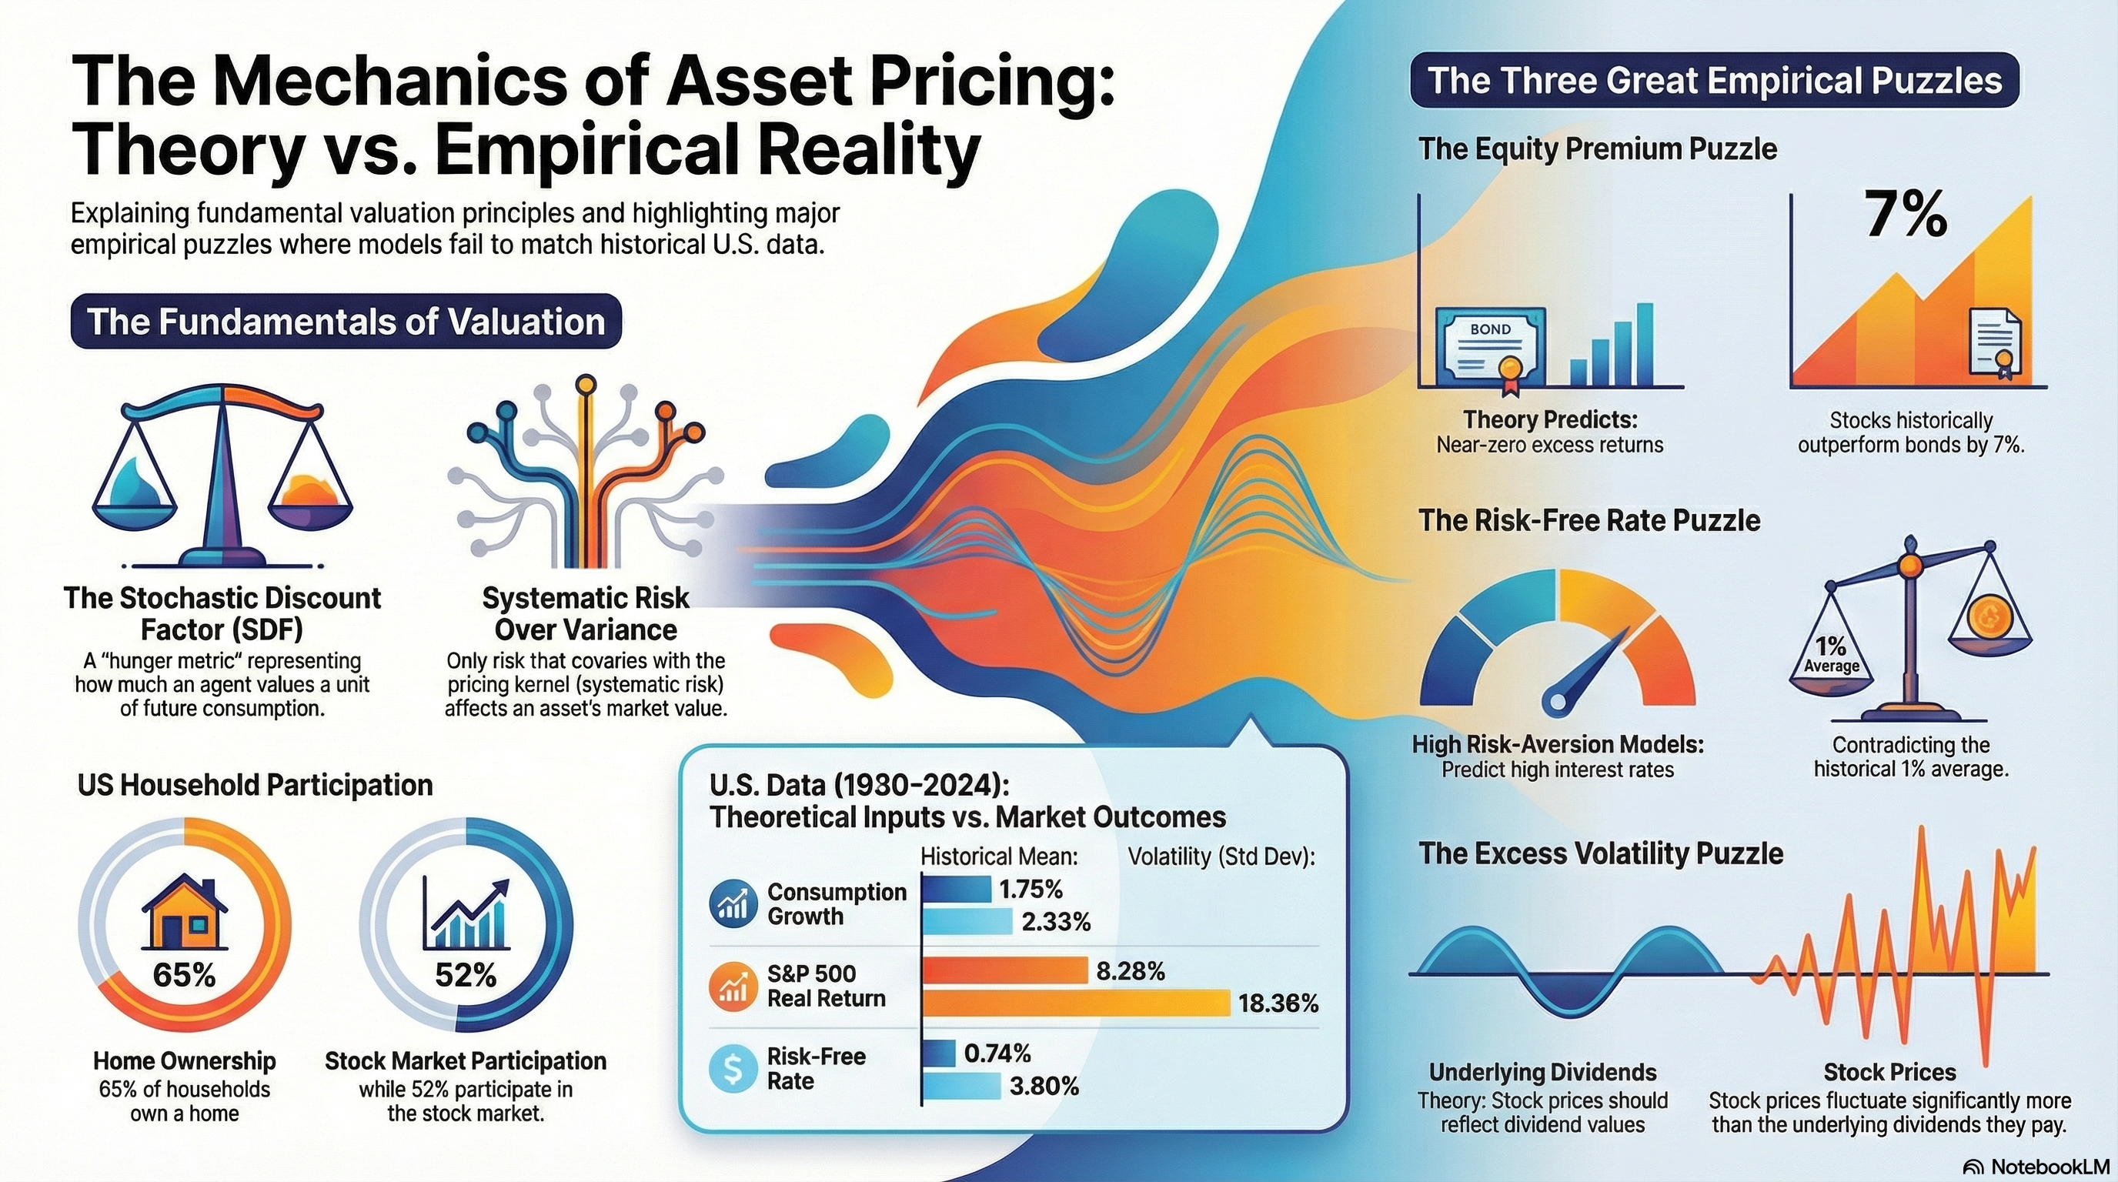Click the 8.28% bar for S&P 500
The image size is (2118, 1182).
click(1004, 970)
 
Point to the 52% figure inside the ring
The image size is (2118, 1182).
click(466, 975)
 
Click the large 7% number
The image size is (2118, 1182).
click(1906, 215)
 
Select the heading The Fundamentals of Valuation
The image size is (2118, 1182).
click(346, 322)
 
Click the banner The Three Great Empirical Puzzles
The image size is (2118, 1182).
click(1714, 81)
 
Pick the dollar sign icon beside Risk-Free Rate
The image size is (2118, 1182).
click(732, 1069)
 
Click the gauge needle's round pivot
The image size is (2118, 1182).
click(1555, 701)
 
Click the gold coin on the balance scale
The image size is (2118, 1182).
click(1989, 613)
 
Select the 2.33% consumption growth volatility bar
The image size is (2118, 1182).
click(967, 921)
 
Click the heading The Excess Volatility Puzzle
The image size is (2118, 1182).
click(1601, 853)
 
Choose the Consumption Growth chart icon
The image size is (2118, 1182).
click(732, 904)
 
